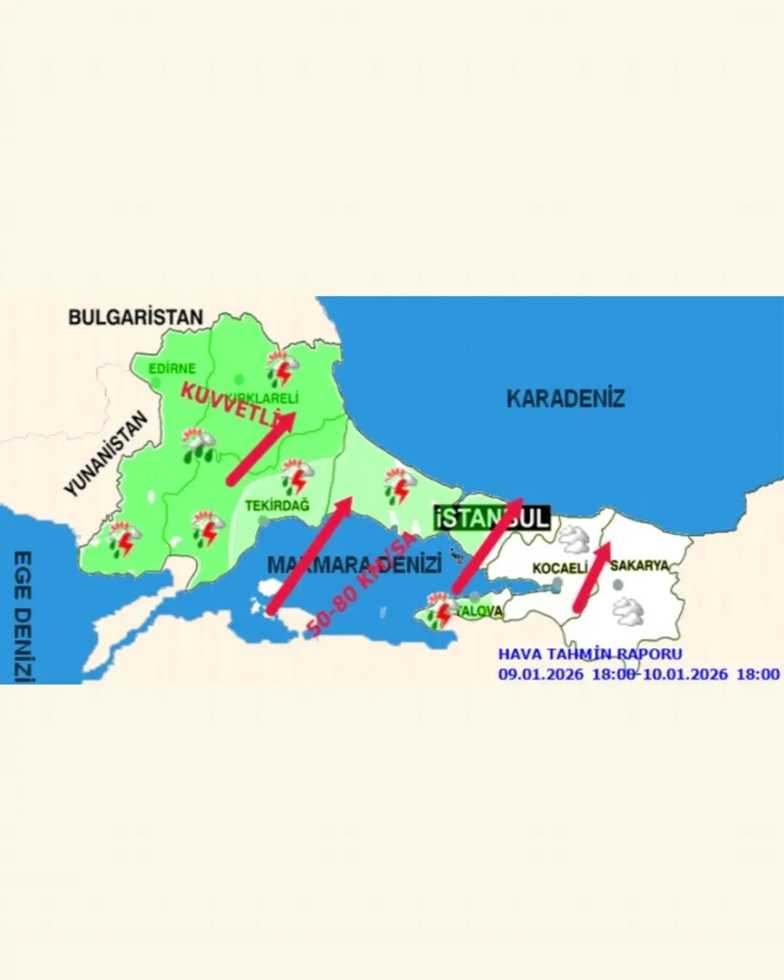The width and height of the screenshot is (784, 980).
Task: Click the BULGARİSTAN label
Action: point(136,318)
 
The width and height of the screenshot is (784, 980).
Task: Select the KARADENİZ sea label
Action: point(566,398)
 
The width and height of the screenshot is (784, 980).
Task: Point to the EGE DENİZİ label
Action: point(22,617)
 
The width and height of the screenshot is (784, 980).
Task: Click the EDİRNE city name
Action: point(172,368)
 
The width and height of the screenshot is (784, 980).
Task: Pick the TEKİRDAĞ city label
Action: point(277,505)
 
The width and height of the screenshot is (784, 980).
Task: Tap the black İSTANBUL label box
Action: point(492,518)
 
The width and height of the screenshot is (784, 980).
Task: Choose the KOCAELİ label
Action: point(560,568)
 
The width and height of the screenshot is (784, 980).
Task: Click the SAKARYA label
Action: point(640,565)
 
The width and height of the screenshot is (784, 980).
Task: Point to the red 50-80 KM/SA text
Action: point(361,585)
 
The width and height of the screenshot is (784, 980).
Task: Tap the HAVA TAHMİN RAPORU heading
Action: point(590,654)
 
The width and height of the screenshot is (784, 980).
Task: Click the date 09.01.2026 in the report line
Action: point(541,675)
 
